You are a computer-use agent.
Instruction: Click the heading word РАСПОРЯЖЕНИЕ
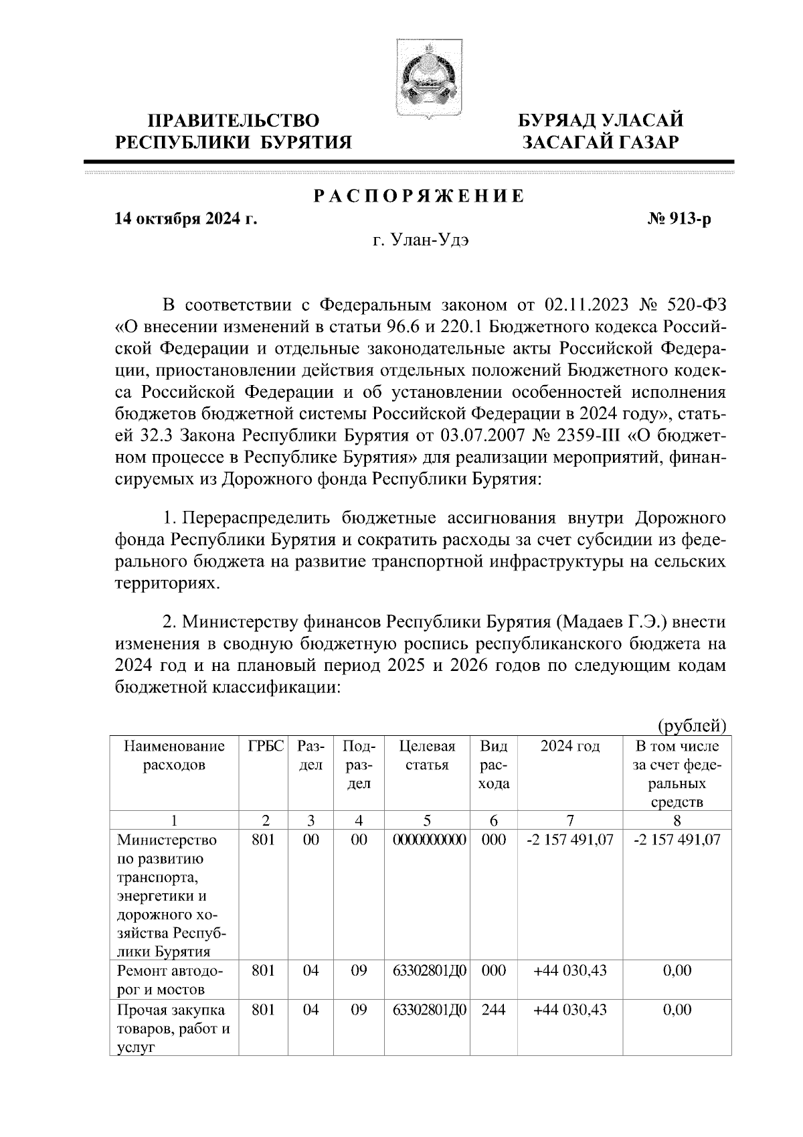point(420,197)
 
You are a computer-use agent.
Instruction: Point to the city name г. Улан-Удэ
point(421,242)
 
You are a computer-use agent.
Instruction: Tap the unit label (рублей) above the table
point(693,725)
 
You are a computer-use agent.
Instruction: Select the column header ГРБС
point(266,746)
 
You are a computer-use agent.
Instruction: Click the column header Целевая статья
point(427,755)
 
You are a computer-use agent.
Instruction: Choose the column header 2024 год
point(570,746)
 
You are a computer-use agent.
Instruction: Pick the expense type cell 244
point(494,1010)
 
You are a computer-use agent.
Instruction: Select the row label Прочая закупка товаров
point(173,1029)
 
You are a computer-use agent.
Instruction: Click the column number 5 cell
point(427,820)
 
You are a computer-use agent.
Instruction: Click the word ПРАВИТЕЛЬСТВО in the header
point(233,121)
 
